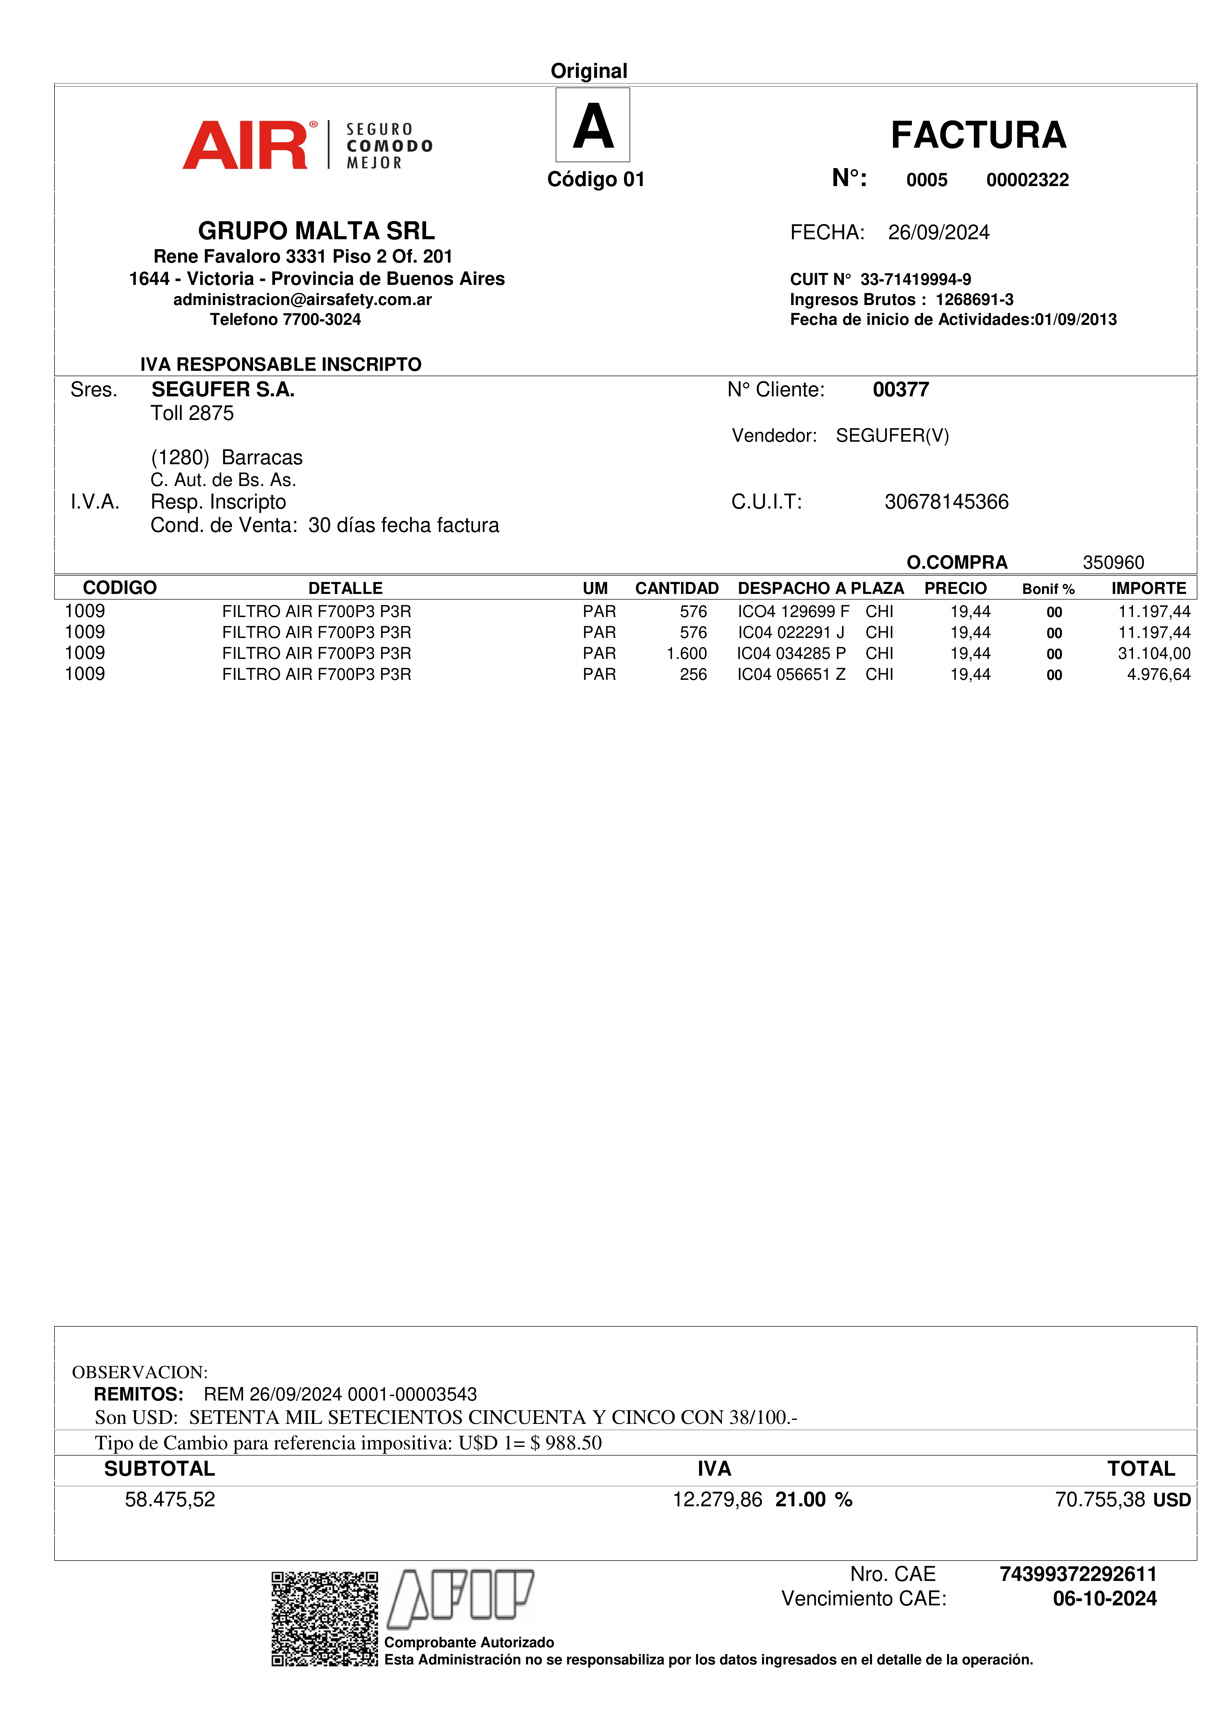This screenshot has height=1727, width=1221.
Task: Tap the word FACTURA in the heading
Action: click(x=978, y=135)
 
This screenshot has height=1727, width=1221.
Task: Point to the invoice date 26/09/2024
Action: click(x=938, y=233)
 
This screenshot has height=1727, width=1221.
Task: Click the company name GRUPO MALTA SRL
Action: click(x=316, y=230)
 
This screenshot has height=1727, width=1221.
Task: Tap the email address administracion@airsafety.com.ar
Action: click(x=302, y=299)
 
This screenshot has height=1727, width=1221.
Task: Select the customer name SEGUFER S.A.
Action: click(x=223, y=390)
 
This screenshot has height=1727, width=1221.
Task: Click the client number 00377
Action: click(x=900, y=390)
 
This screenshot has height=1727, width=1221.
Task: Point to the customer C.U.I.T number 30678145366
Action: click(x=946, y=502)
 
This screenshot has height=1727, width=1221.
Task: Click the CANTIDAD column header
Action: click(x=676, y=588)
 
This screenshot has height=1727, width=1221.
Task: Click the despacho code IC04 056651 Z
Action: click(x=791, y=675)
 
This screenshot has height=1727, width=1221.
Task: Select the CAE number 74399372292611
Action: click(x=1077, y=1574)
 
